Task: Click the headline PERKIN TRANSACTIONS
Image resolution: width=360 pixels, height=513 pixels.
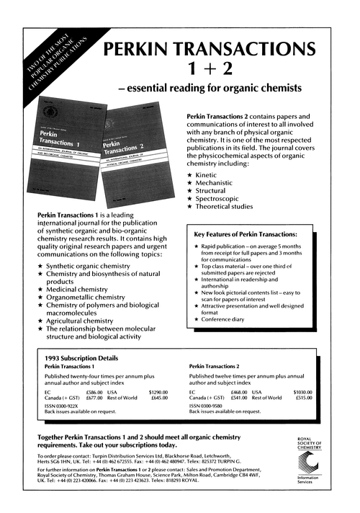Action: click(x=209, y=50)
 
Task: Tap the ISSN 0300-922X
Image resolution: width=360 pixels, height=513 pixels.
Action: click(x=61, y=405)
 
